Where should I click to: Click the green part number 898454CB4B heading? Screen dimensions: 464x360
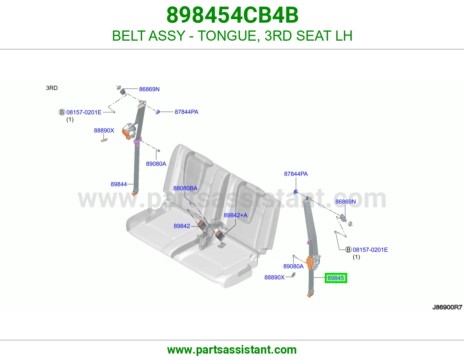click(x=232, y=15)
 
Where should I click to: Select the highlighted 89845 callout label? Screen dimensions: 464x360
click(x=336, y=278)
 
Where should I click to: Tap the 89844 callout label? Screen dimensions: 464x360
click(x=119, y=184)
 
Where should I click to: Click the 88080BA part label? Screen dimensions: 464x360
click(x=185, y=188)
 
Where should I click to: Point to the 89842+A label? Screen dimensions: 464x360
click(x=235, y=215)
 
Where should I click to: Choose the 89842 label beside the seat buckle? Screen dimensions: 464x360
click(x=182, y=226)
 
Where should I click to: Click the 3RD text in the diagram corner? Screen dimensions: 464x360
click(x=52, y=88)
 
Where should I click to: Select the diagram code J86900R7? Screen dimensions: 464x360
click(x=447, y=307)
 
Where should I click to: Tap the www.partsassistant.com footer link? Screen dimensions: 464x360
click(x=232, y=350)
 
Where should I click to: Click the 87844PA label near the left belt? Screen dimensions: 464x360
click(x=186, y=112)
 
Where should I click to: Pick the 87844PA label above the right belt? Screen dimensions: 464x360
click(x=296, y=174)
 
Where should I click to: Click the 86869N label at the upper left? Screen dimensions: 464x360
click(x=149, y=89)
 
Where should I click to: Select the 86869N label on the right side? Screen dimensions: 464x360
click(x=345, y=201)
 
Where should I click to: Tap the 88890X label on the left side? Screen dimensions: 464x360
click(x=104, y=130)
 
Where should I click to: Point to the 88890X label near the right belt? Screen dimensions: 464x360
click(x=274, y=277)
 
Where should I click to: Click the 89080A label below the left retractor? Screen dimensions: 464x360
click(x=156, y=164)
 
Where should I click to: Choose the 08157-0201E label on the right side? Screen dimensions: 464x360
click(x=370, y=250)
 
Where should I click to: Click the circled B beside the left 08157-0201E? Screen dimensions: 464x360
click(x=62, y=112)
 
